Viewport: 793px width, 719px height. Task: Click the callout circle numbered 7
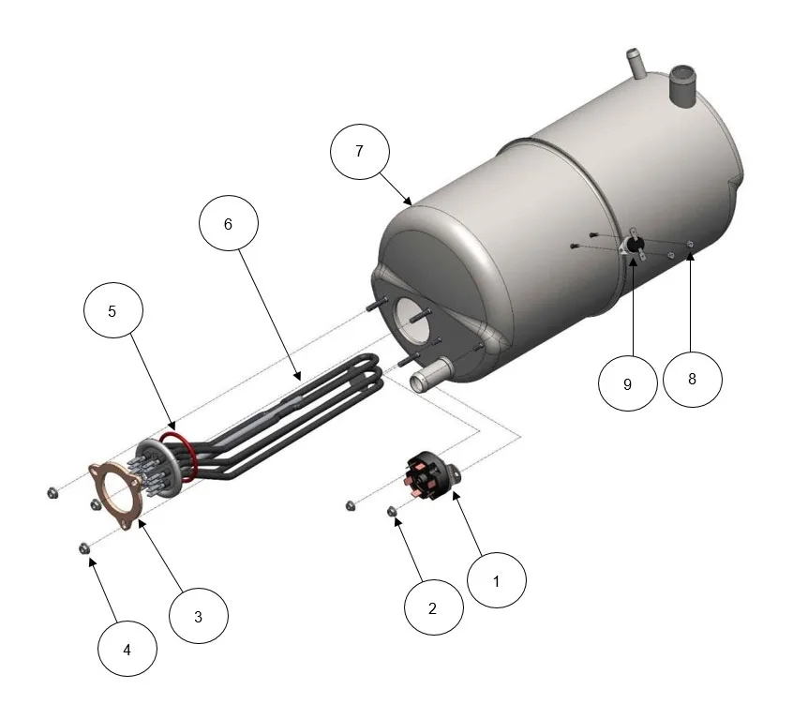pyautogui.click(x=360, y=151)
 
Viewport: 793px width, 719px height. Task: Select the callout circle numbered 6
pyautogui.click(x=229, y=223)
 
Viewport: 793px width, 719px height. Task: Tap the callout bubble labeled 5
pyautogui.click(x=113, y=310)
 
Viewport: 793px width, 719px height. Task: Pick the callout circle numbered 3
pyautogui.click(x=199, y=615)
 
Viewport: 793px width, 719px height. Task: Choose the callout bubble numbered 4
pyautogui.click(x=127, y=649)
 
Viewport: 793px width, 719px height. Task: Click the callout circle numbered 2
pyautogui.click(x=433, y=607)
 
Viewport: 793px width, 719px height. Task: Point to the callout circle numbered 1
pyautogui.click(x=497, y=580)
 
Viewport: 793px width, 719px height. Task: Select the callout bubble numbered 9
pyautogui.click(x=628, y=383)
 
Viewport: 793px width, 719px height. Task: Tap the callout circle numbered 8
pyautogui.click(x=693, y=380)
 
